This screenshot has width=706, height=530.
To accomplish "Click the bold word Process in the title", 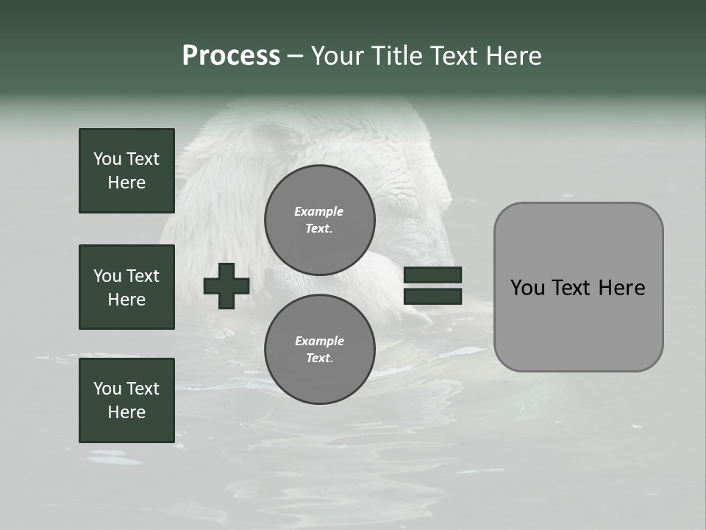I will (x=231, y=56).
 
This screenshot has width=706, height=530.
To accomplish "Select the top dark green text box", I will (x=126, y=171).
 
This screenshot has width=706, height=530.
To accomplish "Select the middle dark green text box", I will (x=126, y=287).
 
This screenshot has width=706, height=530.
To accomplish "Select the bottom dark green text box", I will (x=126, y=400).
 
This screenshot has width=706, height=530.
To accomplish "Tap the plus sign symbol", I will (x=227, y=286).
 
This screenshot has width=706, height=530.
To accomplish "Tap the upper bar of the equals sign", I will (x=432, y=275).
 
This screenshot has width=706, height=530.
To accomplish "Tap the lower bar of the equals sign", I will (x=432, y=297).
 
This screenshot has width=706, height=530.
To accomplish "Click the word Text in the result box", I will (x=572, y=288).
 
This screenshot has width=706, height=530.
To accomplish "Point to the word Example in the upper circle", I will (x=319, y=211).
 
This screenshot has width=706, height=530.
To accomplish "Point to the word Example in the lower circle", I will (x=319, y=341).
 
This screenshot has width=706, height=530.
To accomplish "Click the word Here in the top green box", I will (x=126, y=183).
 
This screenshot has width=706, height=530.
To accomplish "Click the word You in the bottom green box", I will (x=107, y=389).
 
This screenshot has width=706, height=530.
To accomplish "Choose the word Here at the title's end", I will (x=514, y=56).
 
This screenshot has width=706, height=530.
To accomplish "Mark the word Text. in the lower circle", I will (x=319, y=358).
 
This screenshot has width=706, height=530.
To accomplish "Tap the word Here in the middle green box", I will (x=126, y=300).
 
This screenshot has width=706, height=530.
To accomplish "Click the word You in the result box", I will (x=527, y=288).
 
